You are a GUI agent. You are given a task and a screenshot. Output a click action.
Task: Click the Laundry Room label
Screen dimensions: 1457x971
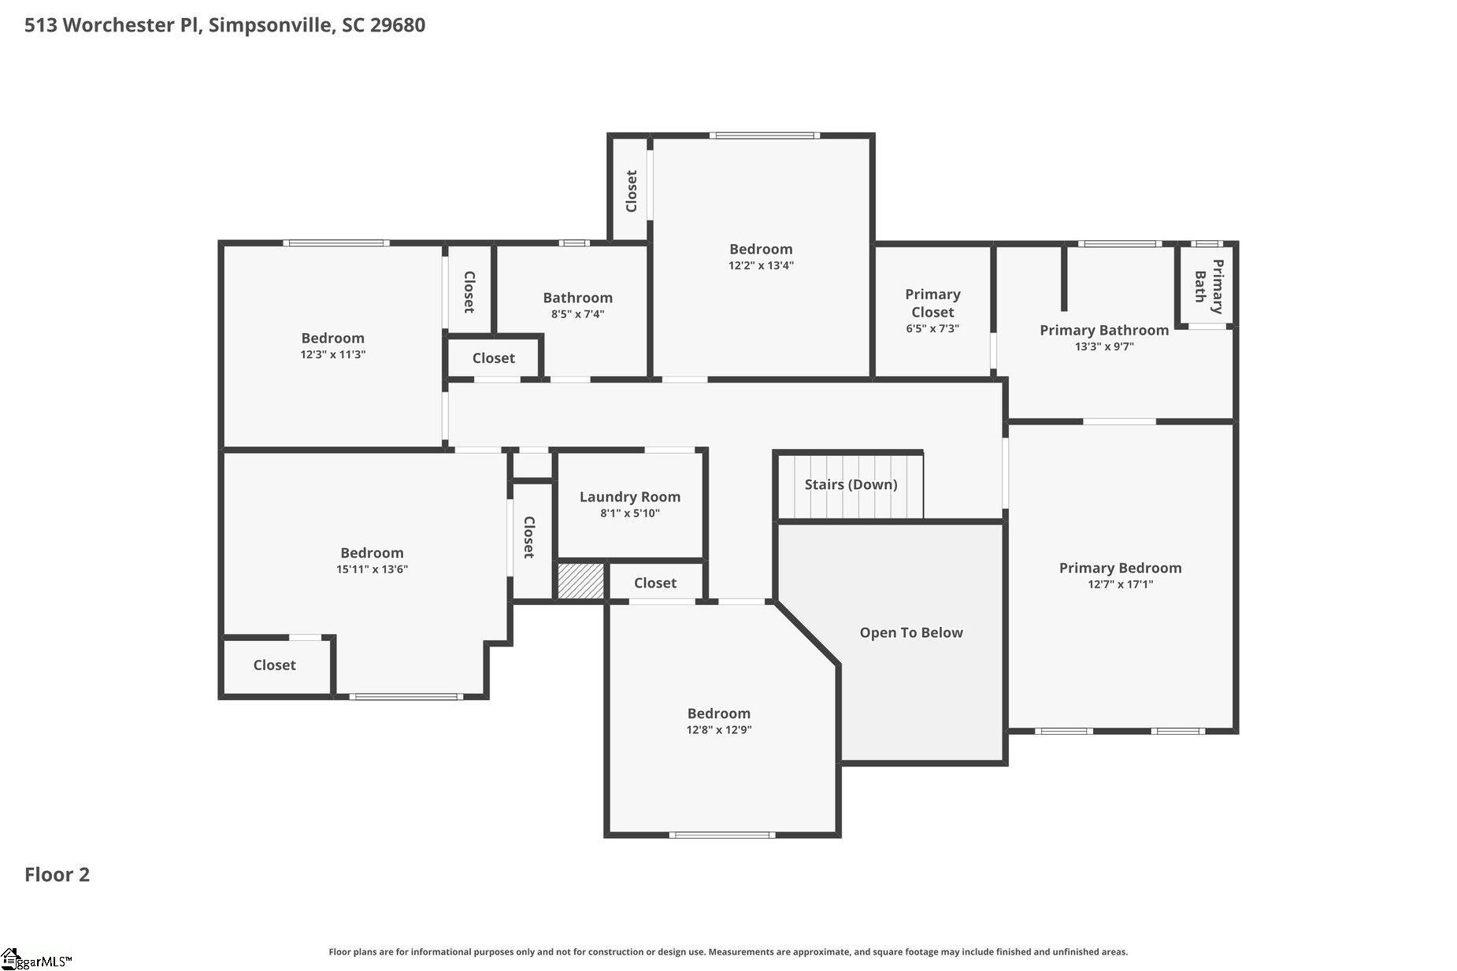[x=629, y=497]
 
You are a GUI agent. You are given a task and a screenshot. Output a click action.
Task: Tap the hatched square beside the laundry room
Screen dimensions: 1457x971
[x=581, y=580]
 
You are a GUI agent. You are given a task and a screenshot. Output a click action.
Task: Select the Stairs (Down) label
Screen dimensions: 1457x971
[x=851, y=484]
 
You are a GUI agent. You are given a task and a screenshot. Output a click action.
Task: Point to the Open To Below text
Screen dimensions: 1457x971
[x=911, y=632]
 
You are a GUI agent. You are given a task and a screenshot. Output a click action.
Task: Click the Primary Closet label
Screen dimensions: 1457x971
[x=932, y=303]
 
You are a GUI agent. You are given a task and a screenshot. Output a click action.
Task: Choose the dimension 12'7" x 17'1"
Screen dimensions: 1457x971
[x=1120, y=584]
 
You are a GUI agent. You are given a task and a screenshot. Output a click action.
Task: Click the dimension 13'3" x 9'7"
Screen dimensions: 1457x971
[x=1104, y=347]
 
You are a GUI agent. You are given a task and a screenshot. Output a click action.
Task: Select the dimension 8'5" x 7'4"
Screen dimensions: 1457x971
[x=577, y=314]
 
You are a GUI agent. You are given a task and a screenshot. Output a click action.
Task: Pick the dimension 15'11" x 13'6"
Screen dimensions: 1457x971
[x=372, y=569]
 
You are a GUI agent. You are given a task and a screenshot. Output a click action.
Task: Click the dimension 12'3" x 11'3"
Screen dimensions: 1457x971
[x=332, y=354]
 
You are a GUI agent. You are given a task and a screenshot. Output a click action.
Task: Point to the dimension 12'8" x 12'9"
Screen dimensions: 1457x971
[x=718, y=730]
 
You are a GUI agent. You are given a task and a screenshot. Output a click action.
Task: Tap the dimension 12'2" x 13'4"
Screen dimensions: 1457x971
[x=761, y=265]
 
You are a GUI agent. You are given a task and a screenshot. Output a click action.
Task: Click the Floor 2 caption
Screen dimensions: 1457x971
[x=57, y=875]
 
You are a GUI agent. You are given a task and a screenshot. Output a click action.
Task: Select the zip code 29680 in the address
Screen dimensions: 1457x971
[x=398, y=25]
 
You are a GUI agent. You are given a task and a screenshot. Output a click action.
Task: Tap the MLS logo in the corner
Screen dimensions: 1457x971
[x=36, y=960]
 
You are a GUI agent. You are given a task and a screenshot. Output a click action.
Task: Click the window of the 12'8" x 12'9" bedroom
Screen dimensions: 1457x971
[x=722, y=835]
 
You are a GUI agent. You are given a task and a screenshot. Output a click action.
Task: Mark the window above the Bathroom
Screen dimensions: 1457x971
[x=574, y=243]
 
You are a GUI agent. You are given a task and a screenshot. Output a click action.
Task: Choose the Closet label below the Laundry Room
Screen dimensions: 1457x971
[x=655, y=583]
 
